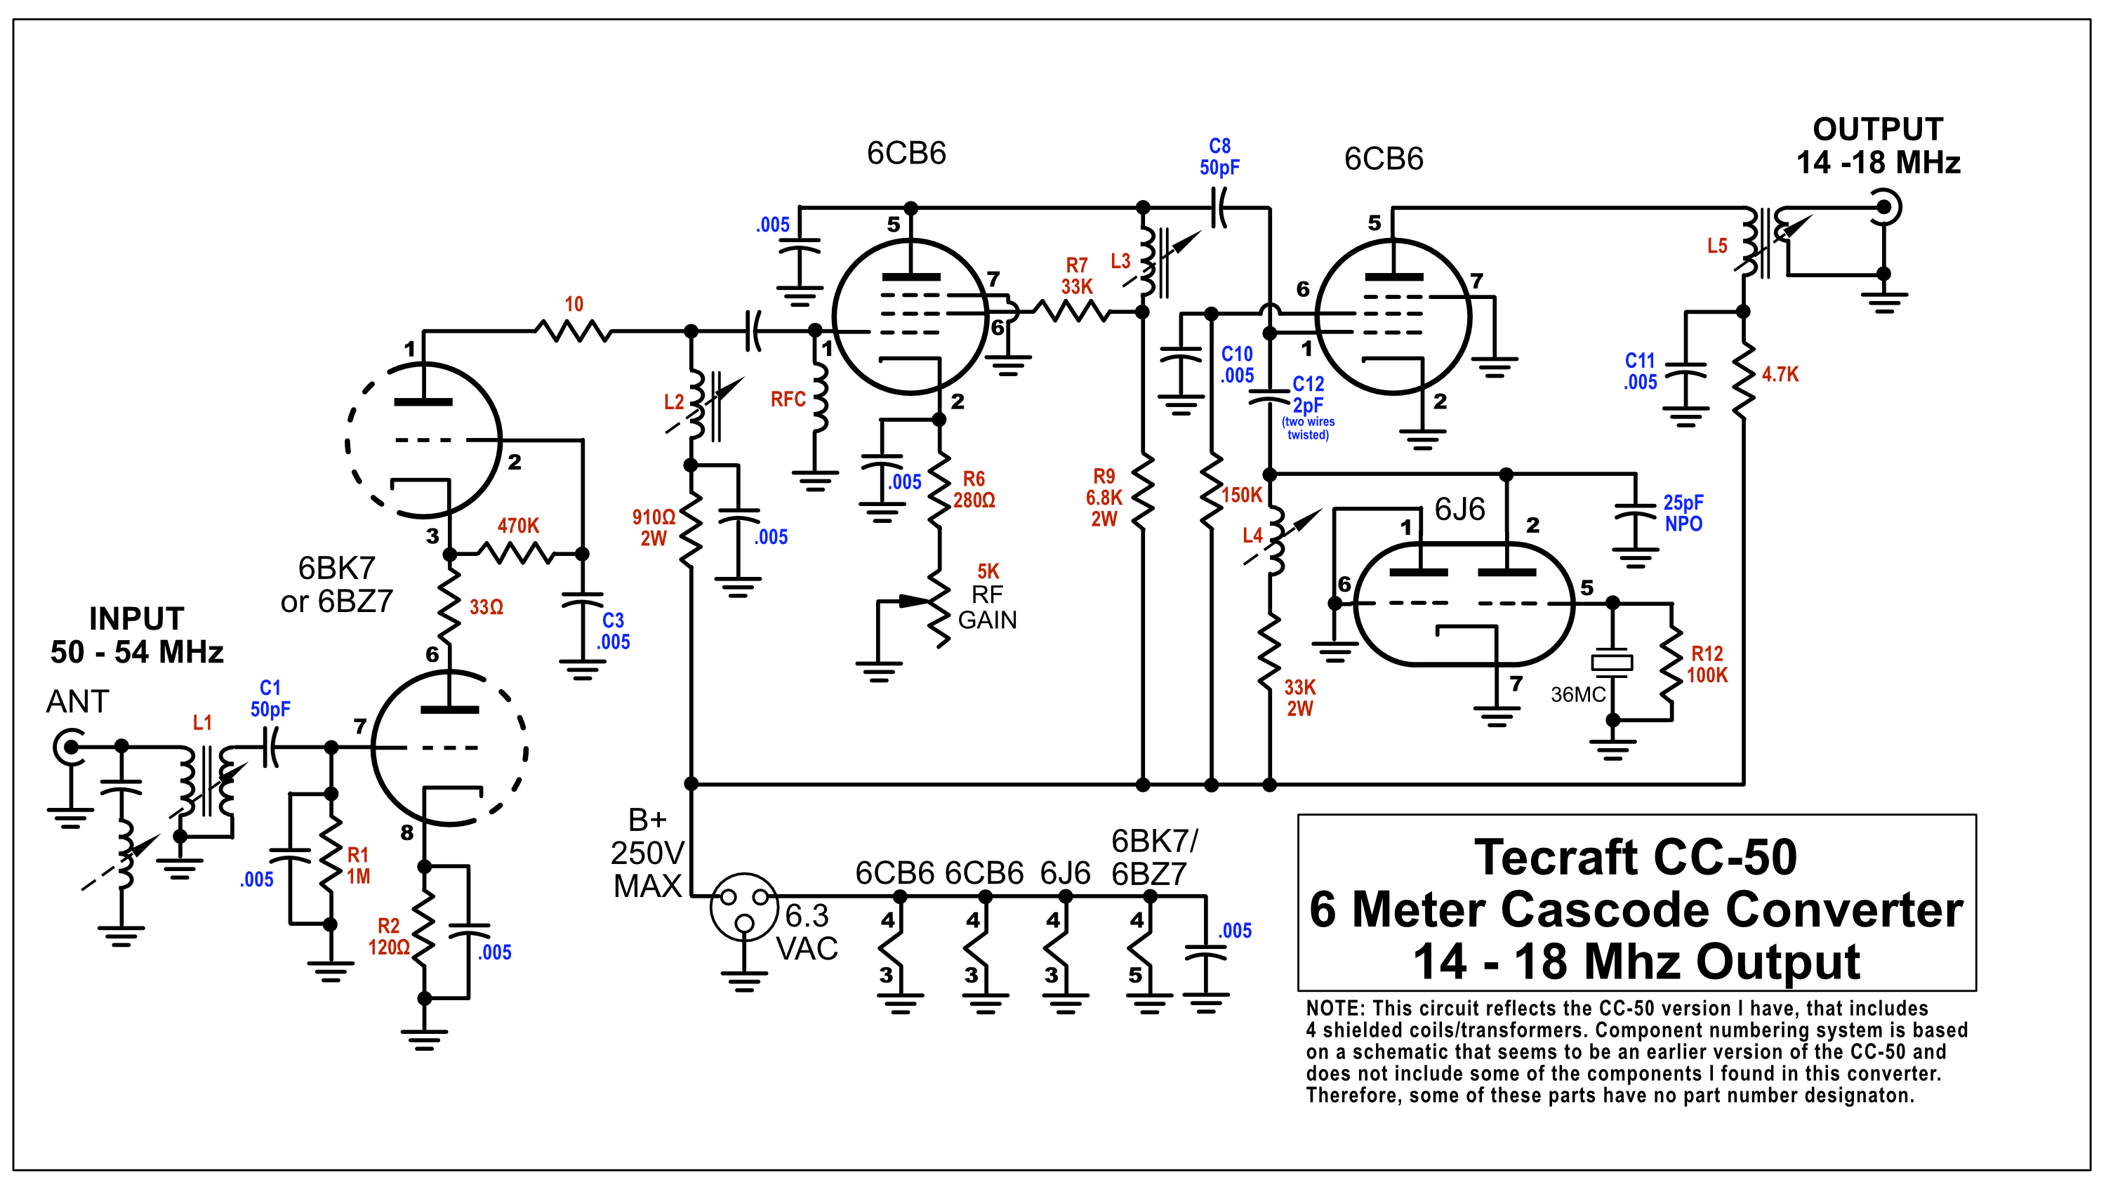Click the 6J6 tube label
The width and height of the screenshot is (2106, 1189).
[1459, 510]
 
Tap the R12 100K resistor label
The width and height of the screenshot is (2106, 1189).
[1707, 665]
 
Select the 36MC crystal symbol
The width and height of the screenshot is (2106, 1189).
[1612, 662]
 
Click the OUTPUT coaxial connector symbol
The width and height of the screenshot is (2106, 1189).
[1883, 208]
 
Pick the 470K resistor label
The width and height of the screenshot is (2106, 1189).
[518, 526]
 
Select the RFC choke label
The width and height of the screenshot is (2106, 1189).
[788, 399]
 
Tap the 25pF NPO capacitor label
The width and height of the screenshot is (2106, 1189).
[1683, 513]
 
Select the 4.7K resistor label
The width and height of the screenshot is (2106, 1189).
[1780, 374]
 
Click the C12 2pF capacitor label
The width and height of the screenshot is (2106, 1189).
[1308, 394]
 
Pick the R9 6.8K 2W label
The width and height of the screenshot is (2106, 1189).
[1104, 498]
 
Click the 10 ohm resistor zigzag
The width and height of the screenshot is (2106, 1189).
[573, 331]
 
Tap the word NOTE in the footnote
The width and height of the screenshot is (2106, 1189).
[1332, 1009]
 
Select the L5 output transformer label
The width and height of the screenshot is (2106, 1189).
[1717, 246]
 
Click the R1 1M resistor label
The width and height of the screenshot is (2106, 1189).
[358, 865]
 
